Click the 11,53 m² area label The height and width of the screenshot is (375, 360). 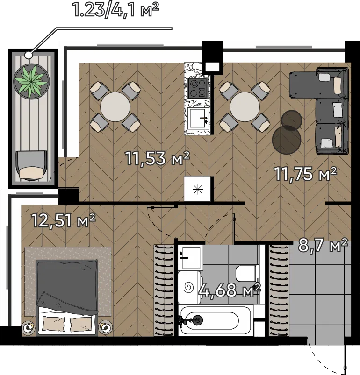click(x=158, y=158)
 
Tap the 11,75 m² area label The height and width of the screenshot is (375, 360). click(x=305, y=174)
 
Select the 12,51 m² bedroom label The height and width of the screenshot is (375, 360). click(x=64, y=220)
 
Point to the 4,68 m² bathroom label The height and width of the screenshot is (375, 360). click(x=229, y=290)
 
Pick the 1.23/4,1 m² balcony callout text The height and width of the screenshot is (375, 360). click(x=115, y=9)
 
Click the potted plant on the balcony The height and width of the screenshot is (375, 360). click(x=31, y=81)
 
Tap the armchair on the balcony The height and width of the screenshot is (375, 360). click(x=31, y=165)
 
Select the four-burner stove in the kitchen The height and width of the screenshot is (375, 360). click(x=197, y=88)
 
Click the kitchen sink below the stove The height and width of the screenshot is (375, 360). click(x=198, y=118)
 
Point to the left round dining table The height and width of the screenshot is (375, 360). click(x=115, y=107)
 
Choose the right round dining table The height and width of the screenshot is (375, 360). click(x=245, y=107)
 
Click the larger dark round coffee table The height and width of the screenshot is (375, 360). click(x=287, y=140)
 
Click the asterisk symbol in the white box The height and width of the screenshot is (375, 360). click(x=198, y=190)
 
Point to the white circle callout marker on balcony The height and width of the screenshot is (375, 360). click(x=29, y=55)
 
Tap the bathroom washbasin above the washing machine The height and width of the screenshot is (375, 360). click(x=191, y=257)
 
